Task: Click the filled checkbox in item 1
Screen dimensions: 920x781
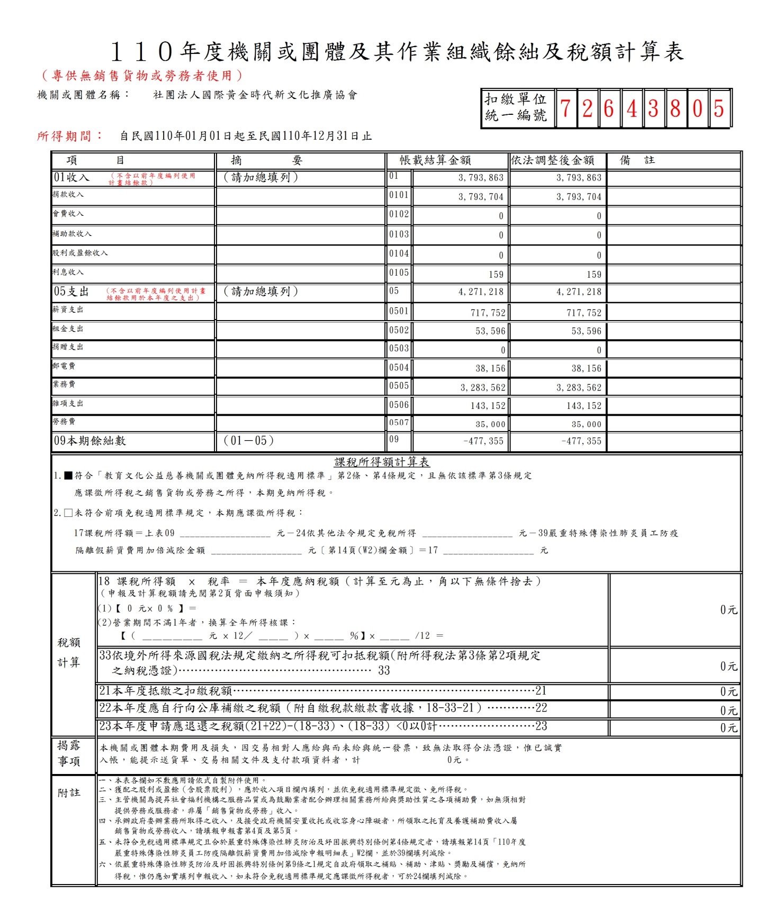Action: pyautogui.click(x=68, y=476)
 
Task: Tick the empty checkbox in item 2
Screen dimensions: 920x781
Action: pyautogui.click(x=68, y=513)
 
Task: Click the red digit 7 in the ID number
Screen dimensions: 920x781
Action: pyautogui.click(x=565, y=108)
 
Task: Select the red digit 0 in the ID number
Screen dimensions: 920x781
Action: pyautogui.click(x=697, y=108)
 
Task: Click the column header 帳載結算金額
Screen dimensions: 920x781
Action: pyautogui.click(x=435, y=160)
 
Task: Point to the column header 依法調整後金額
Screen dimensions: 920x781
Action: pyautogui.click(x=552, y=160)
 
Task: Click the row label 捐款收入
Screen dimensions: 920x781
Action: pyautogui.click(x=68, y=195)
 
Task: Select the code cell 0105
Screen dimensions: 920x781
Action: pyautogui.click(x=399, y=272)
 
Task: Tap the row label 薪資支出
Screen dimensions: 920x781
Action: pyautogui.click(x=68, y=309)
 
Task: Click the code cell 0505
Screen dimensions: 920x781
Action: pyautogui.click(x=399, y=386)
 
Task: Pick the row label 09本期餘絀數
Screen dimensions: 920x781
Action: pyautogui.click(x=89, y=441)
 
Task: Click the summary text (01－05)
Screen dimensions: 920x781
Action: pyautogui.click(x=248, y=441)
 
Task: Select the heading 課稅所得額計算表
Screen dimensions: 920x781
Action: pyautogui.click(x=382, y=462)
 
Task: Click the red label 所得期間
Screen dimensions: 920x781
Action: pyautogui.click(x=70, y=136)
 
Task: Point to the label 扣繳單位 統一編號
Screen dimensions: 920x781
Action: pyautogui.click(x=516, y=107)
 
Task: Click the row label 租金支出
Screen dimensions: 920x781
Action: pyautogui.click(x=68, y=329)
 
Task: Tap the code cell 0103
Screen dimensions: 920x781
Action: pyautogui.click(x=399, y=234)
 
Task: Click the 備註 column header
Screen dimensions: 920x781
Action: pyautogui.click(x=637, y=160)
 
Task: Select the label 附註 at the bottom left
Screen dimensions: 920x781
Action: pyautogui.click(x=69, y=793)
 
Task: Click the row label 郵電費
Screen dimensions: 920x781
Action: pyautogui.click(x=64, y=366)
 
